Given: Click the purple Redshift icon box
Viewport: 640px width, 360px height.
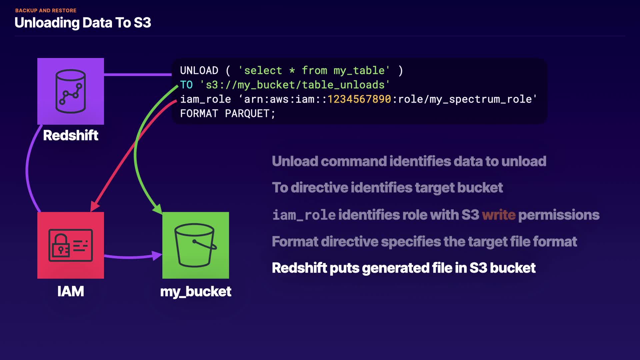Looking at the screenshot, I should tap(71, 91).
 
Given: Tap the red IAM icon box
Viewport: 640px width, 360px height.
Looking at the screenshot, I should tap(71, 245).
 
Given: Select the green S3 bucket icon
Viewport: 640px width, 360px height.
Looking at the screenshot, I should tap(195, 245).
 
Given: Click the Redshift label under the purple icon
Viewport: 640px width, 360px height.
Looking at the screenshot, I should tap(71, 135).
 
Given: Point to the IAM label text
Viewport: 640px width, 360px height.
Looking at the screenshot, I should tap(71, 291).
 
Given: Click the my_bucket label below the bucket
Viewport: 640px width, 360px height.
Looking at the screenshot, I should tap(196, 292).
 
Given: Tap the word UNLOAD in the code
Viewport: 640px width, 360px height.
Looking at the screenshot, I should tap(199, 71).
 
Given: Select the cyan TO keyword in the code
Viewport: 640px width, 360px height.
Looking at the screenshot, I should tap(186, 85).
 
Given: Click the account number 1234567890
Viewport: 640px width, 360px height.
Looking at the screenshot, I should tap(359, 99).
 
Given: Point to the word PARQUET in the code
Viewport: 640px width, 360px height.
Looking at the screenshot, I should tap(247, 114).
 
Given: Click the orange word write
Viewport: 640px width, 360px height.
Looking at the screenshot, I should tap(499, 215).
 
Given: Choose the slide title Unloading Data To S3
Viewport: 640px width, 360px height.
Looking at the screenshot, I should tap(83, 23).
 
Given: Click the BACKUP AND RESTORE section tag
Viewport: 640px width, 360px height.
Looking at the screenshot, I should tap(46, 11).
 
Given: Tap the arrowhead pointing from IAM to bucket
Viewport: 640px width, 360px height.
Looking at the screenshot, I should tap(157, 256).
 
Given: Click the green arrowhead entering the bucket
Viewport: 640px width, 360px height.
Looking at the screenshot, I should tap(158, 209).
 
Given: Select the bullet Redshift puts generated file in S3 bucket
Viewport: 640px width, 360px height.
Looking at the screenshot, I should tap(404, 268).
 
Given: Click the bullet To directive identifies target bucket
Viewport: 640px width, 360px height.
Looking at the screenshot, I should tap(387, 188).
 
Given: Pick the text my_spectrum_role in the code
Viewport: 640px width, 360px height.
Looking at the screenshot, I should tap(481, 99).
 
